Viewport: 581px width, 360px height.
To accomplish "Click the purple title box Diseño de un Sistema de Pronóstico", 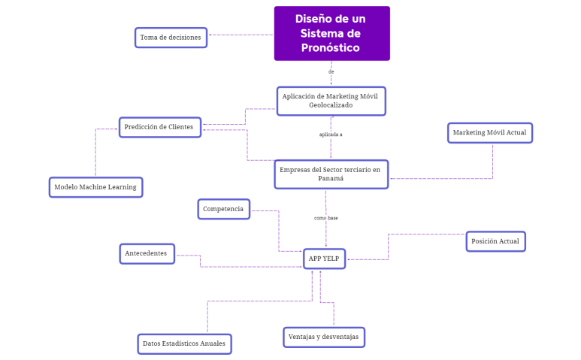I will click(331, 33).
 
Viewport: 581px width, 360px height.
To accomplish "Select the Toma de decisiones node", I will click(171, 38).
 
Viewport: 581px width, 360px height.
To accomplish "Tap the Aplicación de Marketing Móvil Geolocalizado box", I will click(331, 101).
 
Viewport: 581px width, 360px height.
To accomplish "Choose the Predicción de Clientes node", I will click(159, 127).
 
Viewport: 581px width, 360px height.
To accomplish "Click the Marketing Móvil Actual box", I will click(489, 133).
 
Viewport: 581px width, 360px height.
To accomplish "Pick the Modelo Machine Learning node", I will click(95, 187).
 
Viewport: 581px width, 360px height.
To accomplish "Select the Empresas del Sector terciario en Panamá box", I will click(331, 174).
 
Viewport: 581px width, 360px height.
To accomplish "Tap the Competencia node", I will click(223, 209).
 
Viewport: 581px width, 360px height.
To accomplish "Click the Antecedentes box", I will click(147, 254).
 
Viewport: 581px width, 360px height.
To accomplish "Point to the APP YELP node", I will click(325, 259).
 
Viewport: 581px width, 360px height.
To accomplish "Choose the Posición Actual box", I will click(495, 241).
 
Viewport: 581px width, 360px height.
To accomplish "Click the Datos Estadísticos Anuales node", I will click(184, 344).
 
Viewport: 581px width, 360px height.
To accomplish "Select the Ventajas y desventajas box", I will click(323, 337).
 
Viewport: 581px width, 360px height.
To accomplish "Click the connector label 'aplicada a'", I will click(331, 135).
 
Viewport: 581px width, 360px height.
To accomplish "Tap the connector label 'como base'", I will click(325, 218).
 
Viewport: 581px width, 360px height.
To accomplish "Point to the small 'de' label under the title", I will click(331, 72).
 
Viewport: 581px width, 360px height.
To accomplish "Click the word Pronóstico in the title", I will click(331, 48).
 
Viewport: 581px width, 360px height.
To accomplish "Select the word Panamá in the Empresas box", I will click(331, 179).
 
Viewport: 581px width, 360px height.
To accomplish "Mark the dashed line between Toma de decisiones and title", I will click(241, 35).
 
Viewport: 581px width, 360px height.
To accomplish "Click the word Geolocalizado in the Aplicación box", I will click(331, 105).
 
